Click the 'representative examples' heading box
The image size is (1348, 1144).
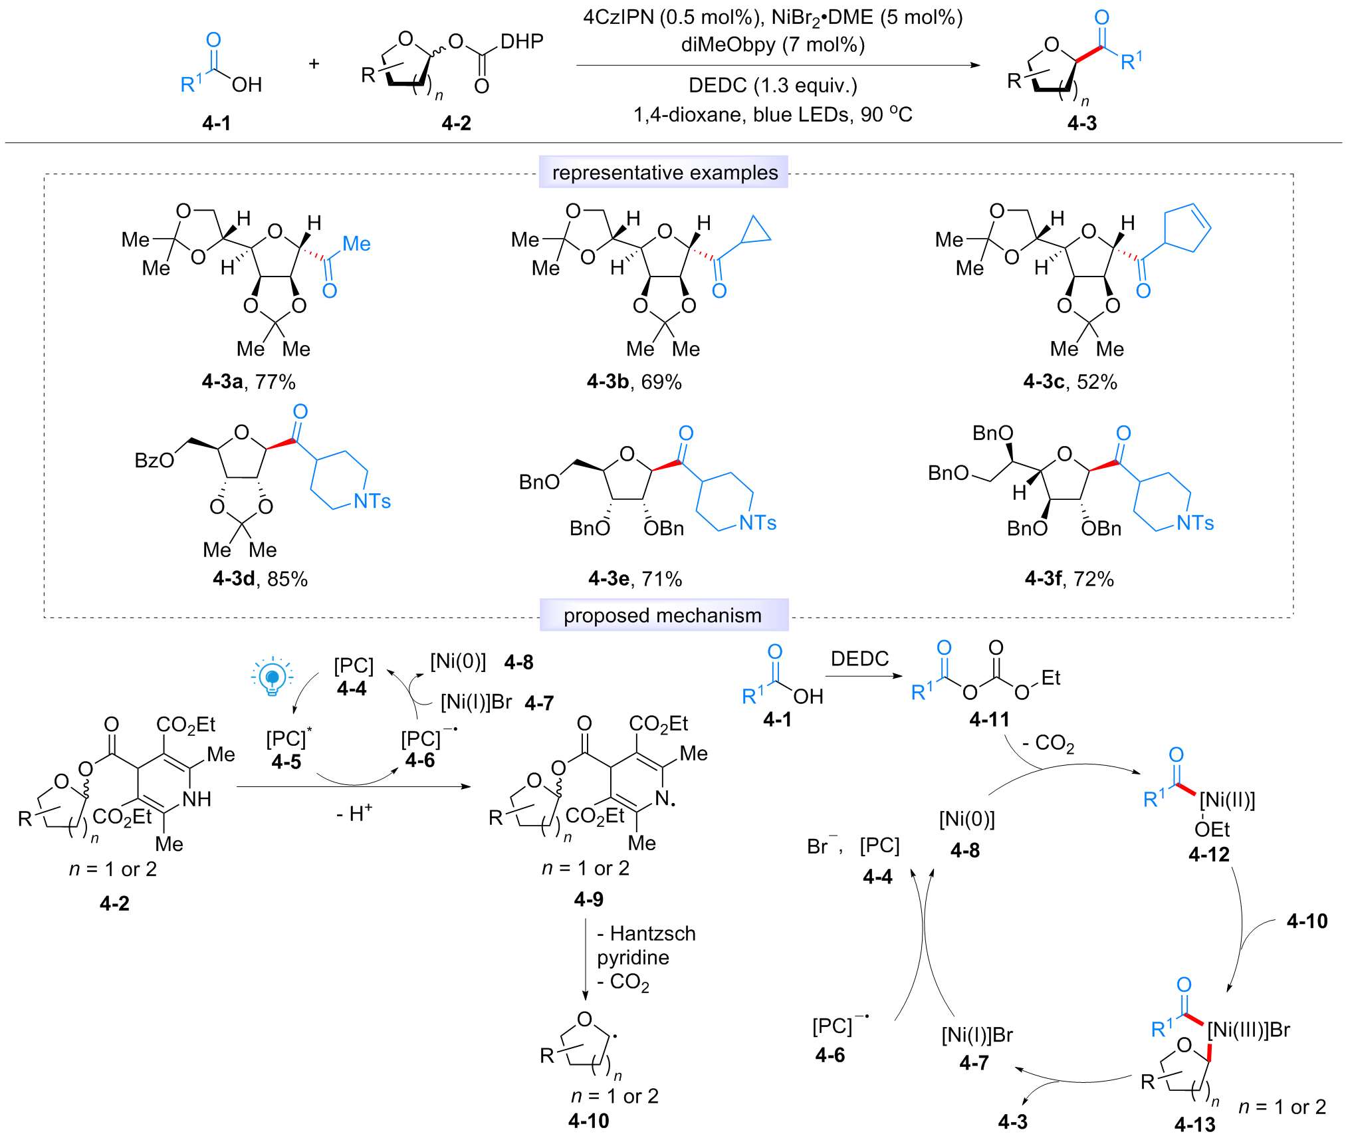663,172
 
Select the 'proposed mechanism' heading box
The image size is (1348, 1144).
663,615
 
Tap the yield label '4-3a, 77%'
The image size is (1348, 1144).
249,382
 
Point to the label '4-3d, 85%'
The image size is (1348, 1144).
260,578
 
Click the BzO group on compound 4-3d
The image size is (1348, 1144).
154,460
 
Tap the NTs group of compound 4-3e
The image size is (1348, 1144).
758,522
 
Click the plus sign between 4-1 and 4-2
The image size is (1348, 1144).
314,64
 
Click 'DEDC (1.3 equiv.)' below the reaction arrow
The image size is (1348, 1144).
773,86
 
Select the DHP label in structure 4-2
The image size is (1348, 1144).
522,41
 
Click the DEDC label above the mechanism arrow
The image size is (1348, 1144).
859,659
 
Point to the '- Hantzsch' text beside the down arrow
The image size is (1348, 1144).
646,933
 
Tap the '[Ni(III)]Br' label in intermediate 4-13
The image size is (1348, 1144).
1248,1030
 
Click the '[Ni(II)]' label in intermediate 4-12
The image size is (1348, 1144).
1227,800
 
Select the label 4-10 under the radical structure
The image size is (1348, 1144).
589,1121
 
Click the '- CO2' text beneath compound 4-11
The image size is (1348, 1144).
1048,743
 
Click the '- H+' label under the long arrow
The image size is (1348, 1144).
354,812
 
